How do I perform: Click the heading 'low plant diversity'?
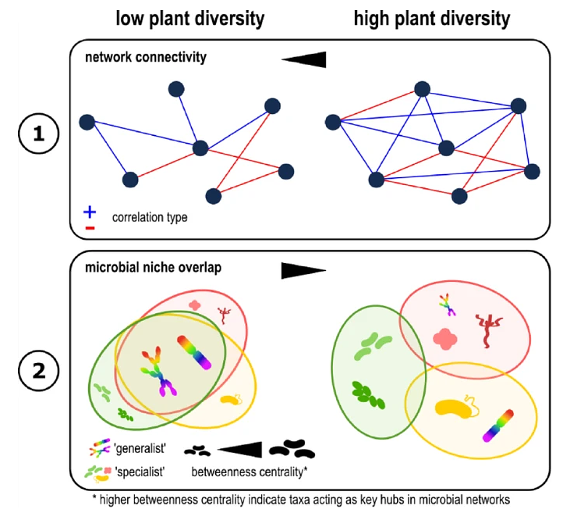tap(190, 19)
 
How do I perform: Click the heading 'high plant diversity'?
tap(432, 19)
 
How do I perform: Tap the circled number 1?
tap(39, 134)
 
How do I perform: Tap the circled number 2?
tap(39, 370)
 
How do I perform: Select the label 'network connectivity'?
tap(146, 57)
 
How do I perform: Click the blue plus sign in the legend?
tap(90, 212)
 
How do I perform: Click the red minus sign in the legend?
tap(90, 228)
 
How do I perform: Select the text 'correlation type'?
tap(150, 218)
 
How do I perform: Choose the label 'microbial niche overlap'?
tap(154, 268)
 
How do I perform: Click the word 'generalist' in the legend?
tap(140, 449)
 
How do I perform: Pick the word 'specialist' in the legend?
tap(140, 472)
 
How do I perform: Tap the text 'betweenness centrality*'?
tap(250, 472)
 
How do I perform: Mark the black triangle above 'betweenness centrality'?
tap(240, 450)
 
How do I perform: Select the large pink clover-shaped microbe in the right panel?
tap(445, 339)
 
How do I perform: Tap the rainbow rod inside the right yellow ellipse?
tap(498, 426)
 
